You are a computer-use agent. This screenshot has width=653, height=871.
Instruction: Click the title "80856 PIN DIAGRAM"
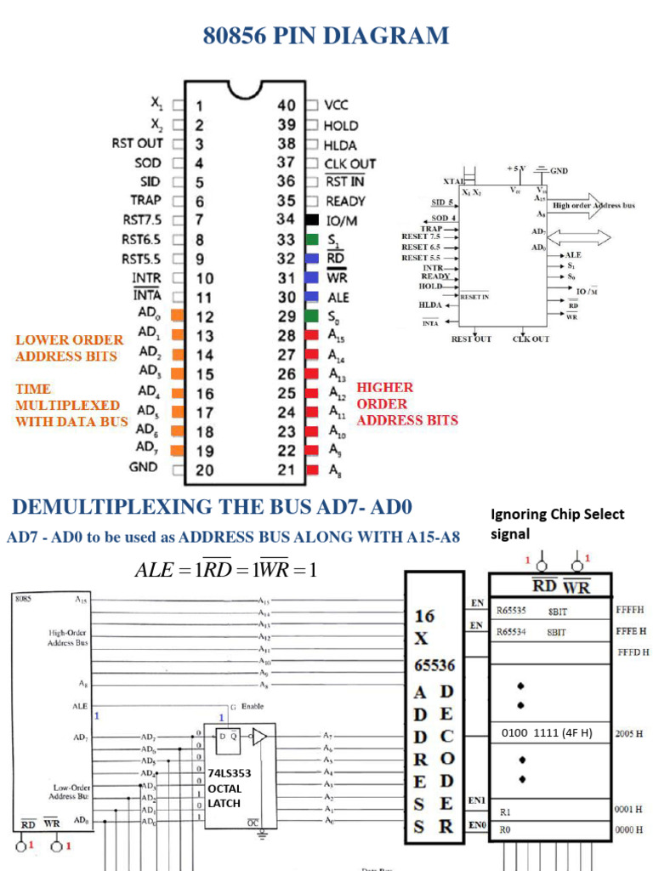326,37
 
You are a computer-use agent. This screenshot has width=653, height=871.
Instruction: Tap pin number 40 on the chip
287,105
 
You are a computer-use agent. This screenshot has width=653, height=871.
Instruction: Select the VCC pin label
337,105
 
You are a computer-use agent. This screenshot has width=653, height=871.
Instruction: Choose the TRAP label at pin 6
145,201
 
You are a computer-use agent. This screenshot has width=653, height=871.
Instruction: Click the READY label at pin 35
345,202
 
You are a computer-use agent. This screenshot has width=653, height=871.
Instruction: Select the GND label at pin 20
143,467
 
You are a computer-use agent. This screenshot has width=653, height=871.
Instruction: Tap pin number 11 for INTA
204,298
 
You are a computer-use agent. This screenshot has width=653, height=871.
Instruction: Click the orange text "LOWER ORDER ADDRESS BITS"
69,348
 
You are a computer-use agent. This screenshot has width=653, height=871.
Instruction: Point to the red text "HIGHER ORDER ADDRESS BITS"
407,404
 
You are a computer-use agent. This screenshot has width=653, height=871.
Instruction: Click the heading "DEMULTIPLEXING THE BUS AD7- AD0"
212,508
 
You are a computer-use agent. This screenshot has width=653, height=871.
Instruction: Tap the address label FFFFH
629,610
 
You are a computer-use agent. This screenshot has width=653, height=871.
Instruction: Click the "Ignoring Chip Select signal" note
557,523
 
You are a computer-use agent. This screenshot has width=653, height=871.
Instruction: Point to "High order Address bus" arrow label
593,206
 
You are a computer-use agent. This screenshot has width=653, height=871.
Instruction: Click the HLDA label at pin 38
340,145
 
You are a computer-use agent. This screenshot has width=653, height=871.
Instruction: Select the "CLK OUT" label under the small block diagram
531,339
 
